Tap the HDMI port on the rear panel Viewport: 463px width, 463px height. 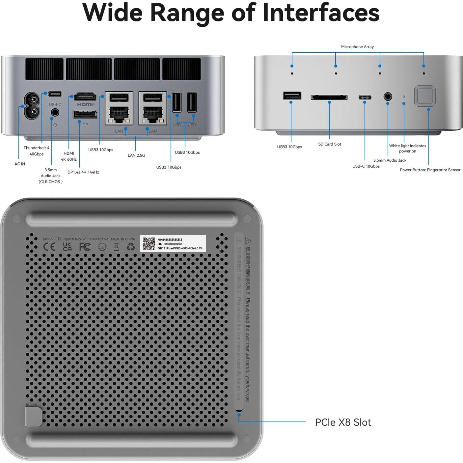point(85,97)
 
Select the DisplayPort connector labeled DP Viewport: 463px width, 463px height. point(85,114)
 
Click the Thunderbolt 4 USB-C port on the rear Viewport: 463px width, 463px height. point(55,94)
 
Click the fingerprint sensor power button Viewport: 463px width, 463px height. point(424,96)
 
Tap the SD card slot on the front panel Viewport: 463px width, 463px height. point(329,97)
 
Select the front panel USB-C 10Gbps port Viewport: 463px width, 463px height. point(365,97)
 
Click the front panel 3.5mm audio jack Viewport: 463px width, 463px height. point(388,97)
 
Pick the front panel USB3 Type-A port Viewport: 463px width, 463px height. point(292,96)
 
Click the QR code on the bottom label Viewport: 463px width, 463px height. point(149,244)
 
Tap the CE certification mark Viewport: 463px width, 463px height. point(49,247)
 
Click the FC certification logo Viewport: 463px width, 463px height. point(85,247)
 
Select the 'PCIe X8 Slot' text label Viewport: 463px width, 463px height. point(343,422)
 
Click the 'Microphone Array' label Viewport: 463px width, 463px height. point(357,47)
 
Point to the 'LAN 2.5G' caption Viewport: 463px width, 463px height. point(136,155)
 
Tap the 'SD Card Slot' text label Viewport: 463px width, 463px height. point(330,144)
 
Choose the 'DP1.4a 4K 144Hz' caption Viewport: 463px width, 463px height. point(83,172)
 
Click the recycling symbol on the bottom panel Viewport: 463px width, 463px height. point(131,247)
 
